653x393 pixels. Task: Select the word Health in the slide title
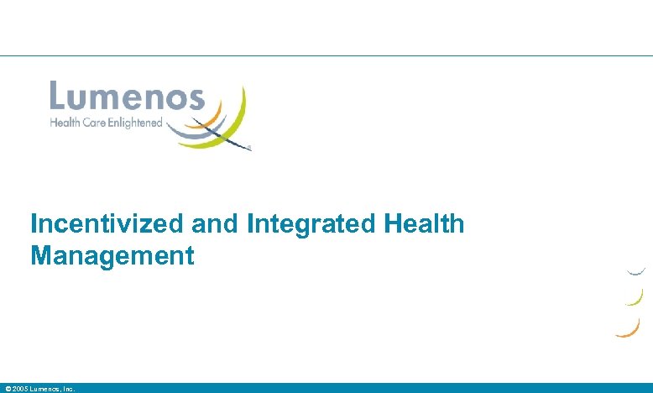[423, 224]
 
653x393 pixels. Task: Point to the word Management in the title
[112, 255]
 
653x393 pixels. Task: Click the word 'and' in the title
[210, 224]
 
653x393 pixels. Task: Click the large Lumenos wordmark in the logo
[127, 96]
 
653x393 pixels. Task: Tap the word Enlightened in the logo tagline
[133, 123]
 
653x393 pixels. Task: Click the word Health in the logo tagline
[64, 123]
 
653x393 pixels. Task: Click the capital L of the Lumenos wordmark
[59, 96]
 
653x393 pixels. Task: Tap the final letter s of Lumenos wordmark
[195, 98]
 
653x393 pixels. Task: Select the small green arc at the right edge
[636, 298]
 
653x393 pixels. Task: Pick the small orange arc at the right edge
[629, 328]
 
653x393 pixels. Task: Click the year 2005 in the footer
[20, 389]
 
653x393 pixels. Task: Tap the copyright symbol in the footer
[8, 389]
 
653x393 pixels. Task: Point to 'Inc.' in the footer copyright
[69, 389]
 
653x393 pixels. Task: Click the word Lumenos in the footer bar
[46, 389]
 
